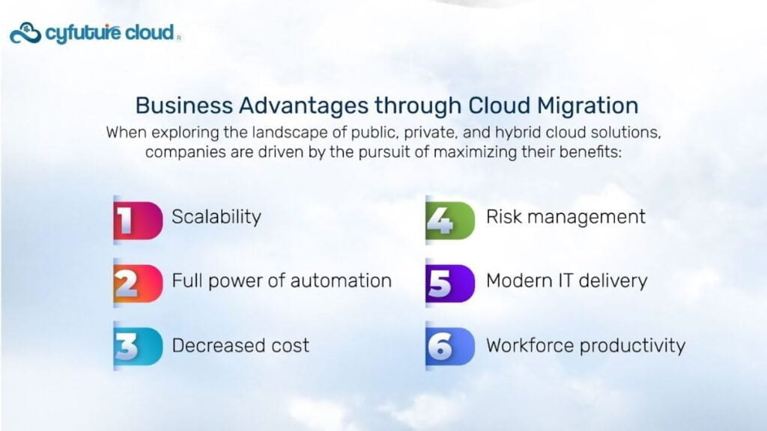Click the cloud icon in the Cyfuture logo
(x=25, y=33)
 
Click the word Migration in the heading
(x=587, y=106)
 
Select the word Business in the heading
(x=184, y=106)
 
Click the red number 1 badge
(x=138, y=221)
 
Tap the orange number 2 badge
(x=138, y=284)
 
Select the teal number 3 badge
(x=138, y=346)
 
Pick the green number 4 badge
(x=450, y=221)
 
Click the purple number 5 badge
(x=450, y=284)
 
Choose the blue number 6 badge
(x=450, y=346)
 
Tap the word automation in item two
(x=341, y=281)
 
